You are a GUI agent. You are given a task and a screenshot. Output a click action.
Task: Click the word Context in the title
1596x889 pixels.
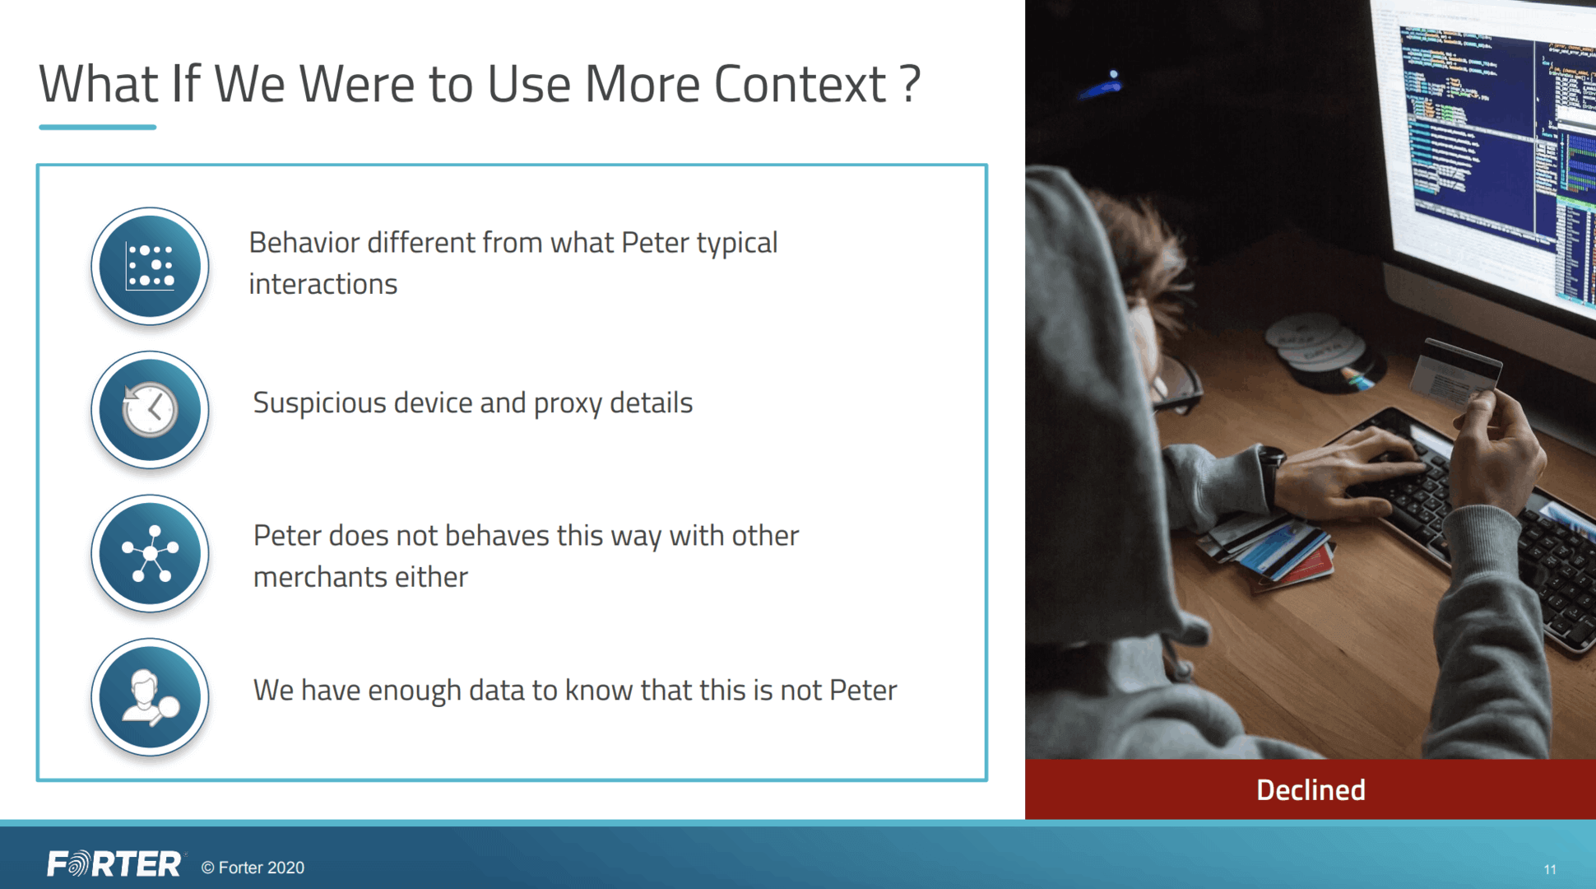tap(800, 84)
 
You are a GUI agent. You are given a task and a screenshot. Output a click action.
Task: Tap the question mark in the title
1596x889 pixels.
tap(910, 84)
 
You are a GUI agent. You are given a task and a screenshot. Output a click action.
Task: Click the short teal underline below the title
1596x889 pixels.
tap(97, 127)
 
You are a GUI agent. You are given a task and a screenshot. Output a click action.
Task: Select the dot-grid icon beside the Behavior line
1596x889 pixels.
tap(150, 266)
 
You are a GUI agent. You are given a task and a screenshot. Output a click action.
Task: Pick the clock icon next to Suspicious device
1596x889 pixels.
tap(150, 409)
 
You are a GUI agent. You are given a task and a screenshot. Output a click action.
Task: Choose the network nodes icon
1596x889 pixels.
tap(150, 553)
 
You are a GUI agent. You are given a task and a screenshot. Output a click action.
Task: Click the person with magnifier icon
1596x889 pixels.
tap(150, 697)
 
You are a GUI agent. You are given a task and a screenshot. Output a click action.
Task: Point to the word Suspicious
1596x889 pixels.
tap(320, 403)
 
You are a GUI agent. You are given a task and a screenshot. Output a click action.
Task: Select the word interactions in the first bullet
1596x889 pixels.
tap(323, 284)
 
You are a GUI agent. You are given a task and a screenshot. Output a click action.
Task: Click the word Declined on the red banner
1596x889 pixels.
tap(1311, 790)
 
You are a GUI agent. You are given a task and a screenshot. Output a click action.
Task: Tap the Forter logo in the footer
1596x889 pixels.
tap(114, 864)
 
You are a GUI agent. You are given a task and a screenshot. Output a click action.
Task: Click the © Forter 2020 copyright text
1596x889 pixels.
tap(253, 868)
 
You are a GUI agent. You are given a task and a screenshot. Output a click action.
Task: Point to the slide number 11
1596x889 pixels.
tap(1550, 869)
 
